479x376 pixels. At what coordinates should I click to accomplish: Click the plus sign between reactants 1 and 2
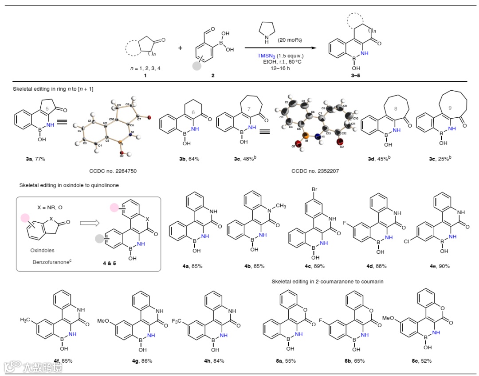point(180,48)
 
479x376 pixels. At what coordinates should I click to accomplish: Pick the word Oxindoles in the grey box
point(43,250)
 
